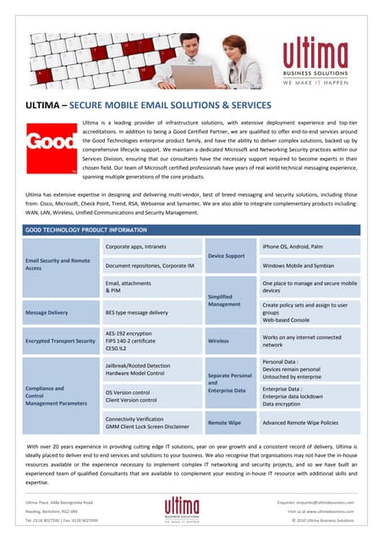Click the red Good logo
pos(50,145)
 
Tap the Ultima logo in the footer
pos(189,510)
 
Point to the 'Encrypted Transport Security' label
pos(60,341)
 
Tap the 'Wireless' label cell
pos(218,341)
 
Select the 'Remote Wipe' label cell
pos(224,421)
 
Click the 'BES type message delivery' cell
pos(141,312)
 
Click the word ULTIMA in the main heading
pos(44,106)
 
